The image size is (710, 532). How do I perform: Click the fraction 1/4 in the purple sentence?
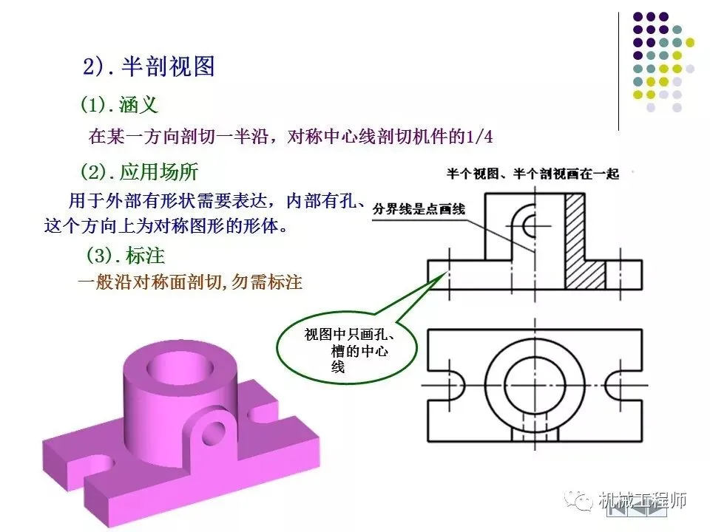(478, 137)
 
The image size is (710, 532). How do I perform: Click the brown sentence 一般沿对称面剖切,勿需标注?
(191, 282)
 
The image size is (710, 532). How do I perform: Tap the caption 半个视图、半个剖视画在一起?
(532, 174)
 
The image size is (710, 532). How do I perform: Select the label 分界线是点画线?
(419, 209)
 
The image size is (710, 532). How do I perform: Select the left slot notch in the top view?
(453, 386)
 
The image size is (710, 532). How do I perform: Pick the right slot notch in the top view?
(615, 386)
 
